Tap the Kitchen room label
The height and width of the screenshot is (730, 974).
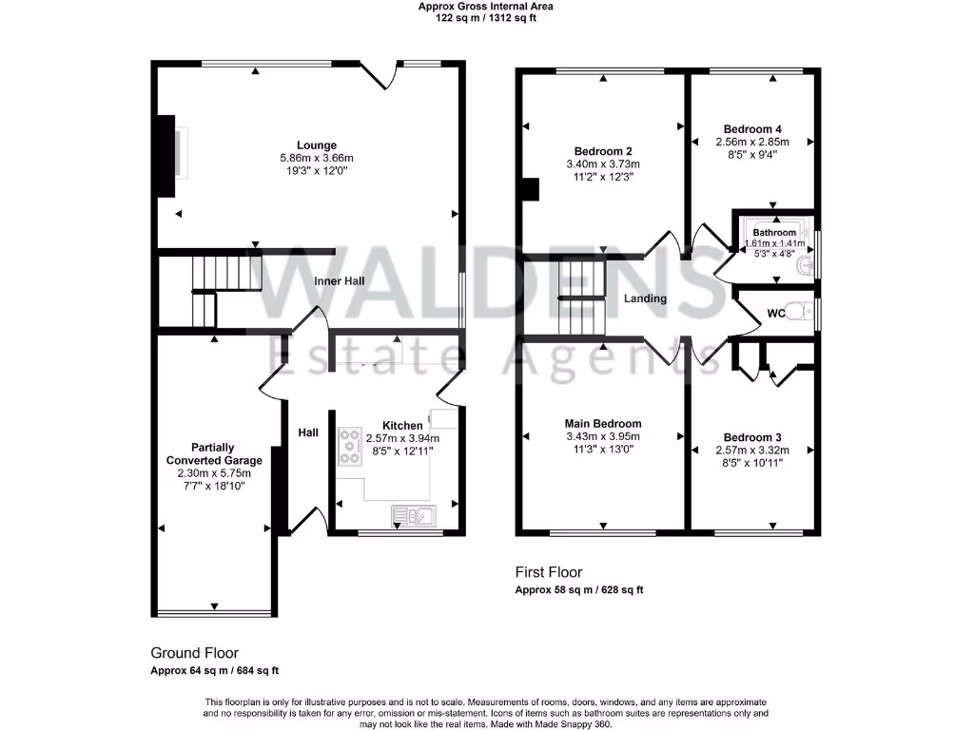coord(401,426)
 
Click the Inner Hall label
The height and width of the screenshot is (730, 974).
coord(341,282)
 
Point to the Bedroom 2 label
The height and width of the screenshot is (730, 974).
coord(603,151)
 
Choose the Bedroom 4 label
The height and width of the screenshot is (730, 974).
coord(752,129)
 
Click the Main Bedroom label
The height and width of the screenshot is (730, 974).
coord(603,424)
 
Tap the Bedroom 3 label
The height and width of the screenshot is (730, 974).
coord(752,438)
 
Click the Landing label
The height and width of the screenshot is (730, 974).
coord(645,298)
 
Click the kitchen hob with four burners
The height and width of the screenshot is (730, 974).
coord(348,448)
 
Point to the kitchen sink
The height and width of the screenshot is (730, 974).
coord(413,515)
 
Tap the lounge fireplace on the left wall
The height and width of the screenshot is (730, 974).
coord(166,156)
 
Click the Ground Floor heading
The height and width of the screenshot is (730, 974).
coord(194,653)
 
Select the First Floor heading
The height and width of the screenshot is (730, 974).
coord(549,572)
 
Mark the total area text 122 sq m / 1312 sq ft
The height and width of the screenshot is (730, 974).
coord(486,18)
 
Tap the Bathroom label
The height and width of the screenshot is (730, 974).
coord(774,233)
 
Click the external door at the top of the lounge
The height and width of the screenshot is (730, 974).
coord(378,74)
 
